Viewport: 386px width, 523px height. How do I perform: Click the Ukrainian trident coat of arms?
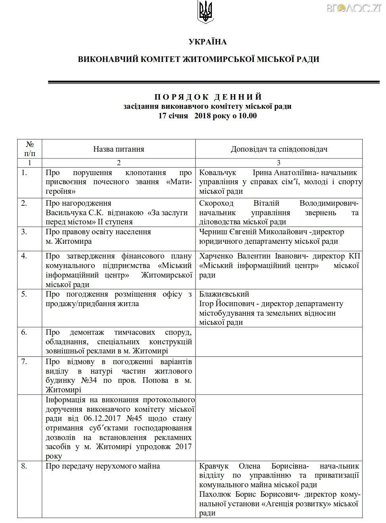pos(205,12)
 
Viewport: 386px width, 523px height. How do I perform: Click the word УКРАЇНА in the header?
pos(207,42)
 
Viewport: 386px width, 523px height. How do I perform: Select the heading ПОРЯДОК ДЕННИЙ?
pos(208,97)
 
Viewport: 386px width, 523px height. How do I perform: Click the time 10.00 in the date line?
pos(248,116)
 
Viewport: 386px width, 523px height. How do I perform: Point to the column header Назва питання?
pos(119,149)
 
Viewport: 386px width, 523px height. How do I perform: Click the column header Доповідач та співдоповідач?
pos(279,149)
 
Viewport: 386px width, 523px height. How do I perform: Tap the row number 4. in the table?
pos(24,256)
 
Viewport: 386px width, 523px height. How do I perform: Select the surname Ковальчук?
pos(217,173)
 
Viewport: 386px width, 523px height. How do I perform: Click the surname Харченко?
pos(217,256)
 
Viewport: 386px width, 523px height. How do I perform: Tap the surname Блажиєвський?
pos(224,294)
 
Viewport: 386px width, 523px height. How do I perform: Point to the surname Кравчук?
pos(214,466)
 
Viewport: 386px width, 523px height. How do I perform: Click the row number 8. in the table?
pos(24,466)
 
